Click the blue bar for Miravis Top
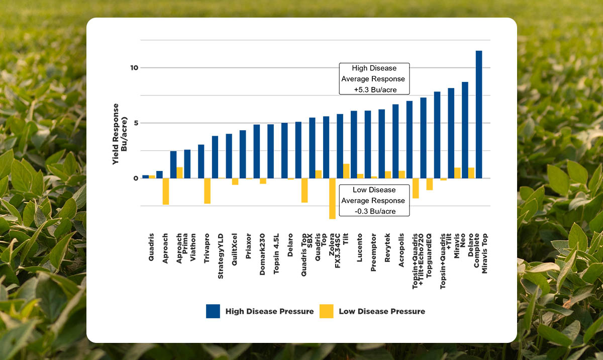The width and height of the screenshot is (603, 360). tap(479, 115)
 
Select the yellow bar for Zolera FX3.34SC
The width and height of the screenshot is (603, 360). tap(332, 198)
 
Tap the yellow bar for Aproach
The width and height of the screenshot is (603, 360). tap(165, 191)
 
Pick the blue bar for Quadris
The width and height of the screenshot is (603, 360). tap(145, 176)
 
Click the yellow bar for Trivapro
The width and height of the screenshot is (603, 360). tap(207, 191)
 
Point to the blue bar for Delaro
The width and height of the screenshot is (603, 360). tap(284, 150)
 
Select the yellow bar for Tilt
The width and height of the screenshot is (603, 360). tap(346, 171)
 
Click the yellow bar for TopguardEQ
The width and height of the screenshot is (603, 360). tap(430, 184)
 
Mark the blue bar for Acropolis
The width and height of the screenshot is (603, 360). tap(395, 141)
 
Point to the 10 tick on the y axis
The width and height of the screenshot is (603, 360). tap(132, 68)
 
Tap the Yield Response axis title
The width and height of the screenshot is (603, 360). tap(119, 134)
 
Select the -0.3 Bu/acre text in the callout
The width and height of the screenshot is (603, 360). tap(374, 211)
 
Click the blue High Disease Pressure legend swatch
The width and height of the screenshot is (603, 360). tap(213, 311)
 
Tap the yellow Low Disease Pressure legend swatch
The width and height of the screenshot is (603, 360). tap(326, 311)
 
